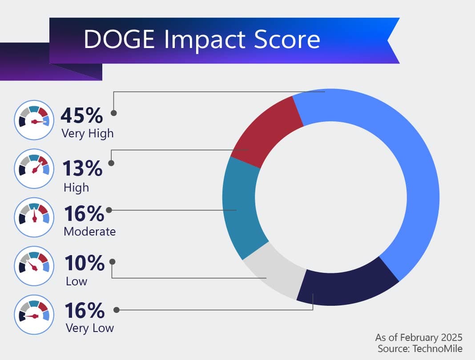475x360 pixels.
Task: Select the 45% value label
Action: tap(82, 116)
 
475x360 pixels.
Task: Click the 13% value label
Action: tap(82, 169)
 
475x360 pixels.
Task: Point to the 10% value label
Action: tap(85, 263)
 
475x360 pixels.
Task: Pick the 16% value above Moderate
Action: tap(84, 214)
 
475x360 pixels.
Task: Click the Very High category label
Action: tap(88, 133)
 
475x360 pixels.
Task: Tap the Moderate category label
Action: tap(89, 232)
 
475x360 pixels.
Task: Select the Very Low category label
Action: tap(89, 328)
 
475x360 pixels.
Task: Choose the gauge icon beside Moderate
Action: tap(34, 217)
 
